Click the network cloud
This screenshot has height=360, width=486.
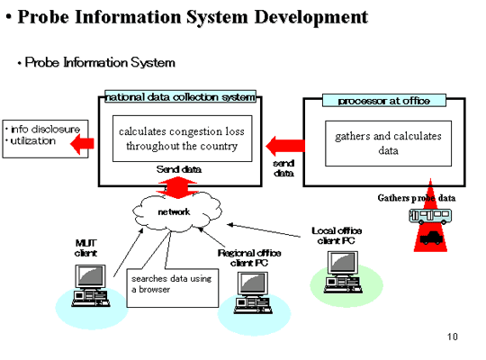177,211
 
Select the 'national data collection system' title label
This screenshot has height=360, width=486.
180,96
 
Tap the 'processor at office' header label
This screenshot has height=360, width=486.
384,101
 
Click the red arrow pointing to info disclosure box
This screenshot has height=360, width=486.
82,144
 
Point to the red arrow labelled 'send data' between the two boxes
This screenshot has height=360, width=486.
285,146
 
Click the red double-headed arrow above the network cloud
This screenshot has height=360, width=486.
177,187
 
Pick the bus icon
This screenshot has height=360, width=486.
430,216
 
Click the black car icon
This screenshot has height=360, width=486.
431,238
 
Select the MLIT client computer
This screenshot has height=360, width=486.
91,285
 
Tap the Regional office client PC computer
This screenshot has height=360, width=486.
253,292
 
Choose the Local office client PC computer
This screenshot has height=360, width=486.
343,272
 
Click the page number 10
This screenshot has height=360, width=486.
452,337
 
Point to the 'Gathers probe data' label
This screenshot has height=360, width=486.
417,198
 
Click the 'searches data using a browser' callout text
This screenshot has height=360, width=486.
171,283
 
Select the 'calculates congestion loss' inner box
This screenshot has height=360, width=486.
182,139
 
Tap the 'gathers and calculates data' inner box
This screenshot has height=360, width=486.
388,143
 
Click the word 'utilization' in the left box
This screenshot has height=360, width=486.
33,141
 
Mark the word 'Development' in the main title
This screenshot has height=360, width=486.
311,17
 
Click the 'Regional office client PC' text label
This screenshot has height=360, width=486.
249,258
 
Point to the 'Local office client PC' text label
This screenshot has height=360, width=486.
337,236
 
